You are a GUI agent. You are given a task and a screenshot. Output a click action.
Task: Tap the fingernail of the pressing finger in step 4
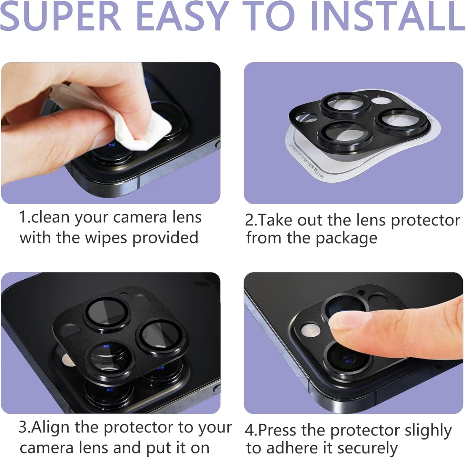click(x=350, y=321)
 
